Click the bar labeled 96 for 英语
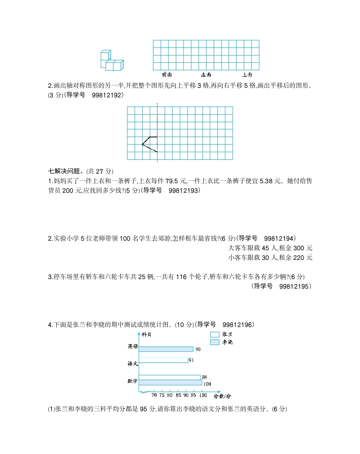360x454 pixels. (166, 349)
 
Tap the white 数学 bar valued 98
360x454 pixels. (169, 377)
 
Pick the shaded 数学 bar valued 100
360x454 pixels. (170, 383)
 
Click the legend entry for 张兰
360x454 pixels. (215, 335)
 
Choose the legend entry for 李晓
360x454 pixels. (215, 342)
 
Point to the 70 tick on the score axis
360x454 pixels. (154, 396)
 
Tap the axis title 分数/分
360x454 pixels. (222, 396)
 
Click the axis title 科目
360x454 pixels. (146, 334)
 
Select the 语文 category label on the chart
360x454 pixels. (133, 363)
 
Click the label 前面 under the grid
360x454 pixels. (167, 75)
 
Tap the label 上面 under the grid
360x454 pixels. (247, 75)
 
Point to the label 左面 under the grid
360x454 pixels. (206, 75)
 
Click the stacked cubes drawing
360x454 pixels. (111, 61)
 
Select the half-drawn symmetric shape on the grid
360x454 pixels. (149, 144)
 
